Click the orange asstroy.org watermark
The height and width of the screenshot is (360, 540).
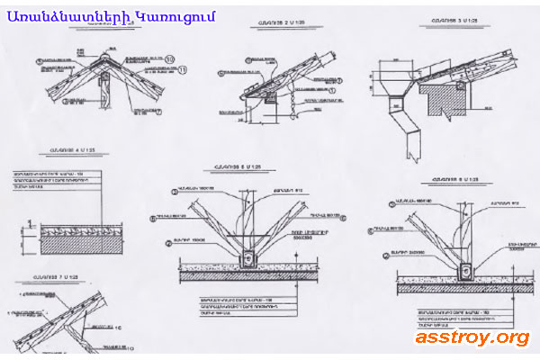472,337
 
